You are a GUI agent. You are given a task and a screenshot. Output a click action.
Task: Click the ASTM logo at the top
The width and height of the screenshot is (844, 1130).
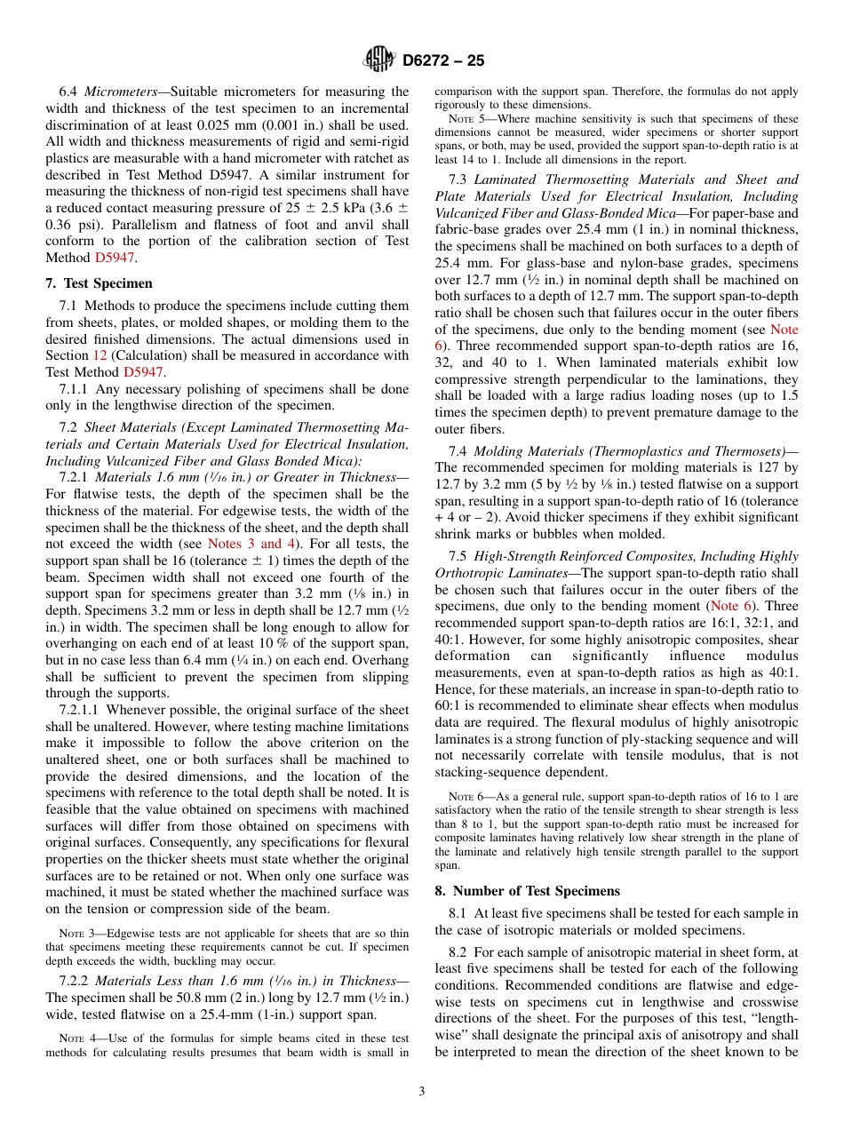click(379, 60)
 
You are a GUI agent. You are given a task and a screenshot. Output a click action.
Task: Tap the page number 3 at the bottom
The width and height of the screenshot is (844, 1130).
click(422, 1091)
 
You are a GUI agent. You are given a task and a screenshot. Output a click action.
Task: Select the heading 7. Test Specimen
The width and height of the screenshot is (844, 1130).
click(99, 283)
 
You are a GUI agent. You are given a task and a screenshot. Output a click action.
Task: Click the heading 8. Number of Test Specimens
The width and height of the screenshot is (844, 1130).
click(528, 891)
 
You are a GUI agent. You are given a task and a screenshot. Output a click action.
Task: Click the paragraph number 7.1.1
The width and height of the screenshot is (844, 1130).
click(74, 389)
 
